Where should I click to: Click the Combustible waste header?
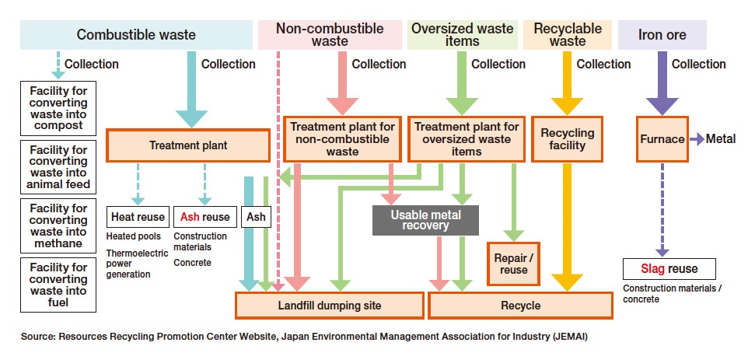(136, 34)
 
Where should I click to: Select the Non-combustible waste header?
(330, 35)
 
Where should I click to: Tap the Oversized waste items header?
(462, 35)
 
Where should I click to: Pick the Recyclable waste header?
(568, 35)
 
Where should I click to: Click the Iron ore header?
(662, 35)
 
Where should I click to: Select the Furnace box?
(662, 139)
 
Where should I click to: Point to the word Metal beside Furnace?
(721, 139)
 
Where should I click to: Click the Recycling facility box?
(568, 139)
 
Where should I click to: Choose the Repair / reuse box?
(510, 264)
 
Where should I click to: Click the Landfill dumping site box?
(330, 306)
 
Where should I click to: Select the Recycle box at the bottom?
(520, 306)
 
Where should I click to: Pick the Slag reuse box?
(661, 269)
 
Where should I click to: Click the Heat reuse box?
(138, 217)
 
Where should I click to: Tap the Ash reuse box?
(204, 217)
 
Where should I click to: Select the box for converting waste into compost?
(58, 107)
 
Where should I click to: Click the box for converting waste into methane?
(58, 225)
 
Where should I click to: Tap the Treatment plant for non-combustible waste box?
(342, 139)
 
